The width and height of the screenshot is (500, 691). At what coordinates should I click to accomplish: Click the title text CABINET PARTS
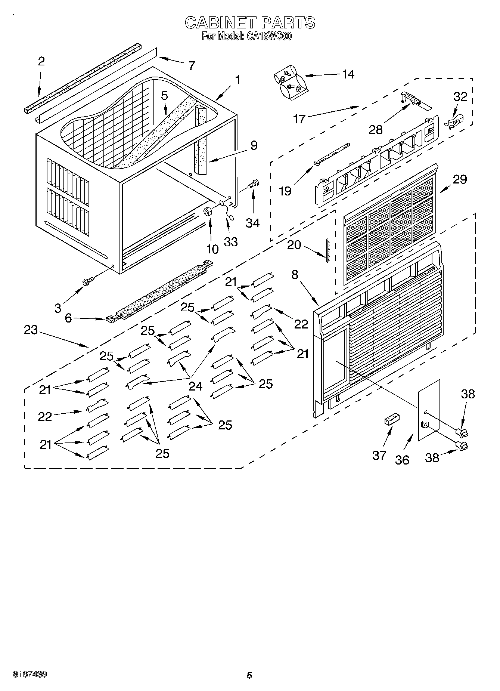[250, 22]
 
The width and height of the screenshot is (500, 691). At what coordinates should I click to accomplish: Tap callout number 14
[348, 74]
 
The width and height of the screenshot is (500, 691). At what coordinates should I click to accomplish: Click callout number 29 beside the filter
[460, 180]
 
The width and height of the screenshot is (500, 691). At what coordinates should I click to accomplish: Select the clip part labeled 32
[454, 120]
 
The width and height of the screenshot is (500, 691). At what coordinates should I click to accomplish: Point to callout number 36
[402, 460]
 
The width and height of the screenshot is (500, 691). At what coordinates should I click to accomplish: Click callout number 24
[195, 386]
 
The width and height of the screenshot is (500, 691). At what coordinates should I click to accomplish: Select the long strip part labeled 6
[161, 291]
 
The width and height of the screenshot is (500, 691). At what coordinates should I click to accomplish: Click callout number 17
[299, 119]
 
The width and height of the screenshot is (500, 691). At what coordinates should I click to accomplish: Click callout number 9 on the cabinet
[254, 145]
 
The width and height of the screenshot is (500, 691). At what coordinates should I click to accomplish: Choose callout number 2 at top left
[41, 62]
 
